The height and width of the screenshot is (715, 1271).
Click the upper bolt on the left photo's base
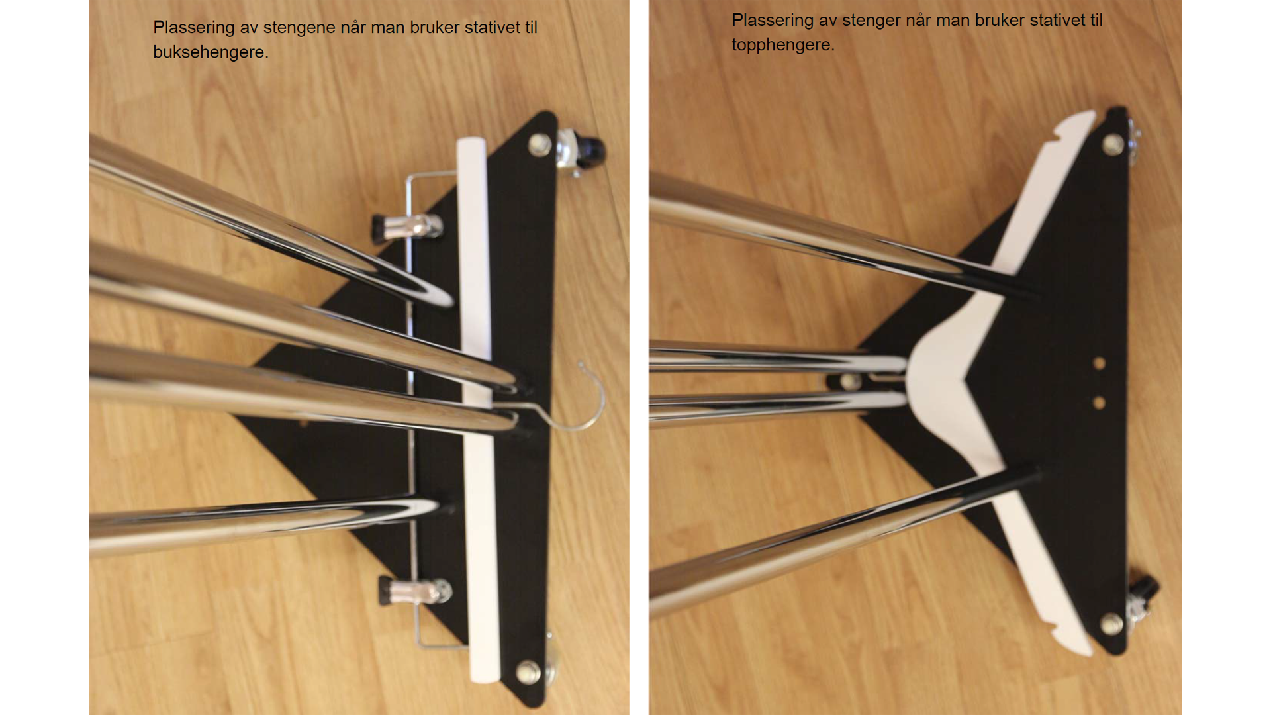click(540, 144)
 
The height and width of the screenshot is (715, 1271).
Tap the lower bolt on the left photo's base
click(528, 671)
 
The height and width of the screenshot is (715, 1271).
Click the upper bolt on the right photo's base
click(1113, 144)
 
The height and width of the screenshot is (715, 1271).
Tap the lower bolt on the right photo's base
click(1111, 624)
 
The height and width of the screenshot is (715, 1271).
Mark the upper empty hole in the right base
click(1100, 363)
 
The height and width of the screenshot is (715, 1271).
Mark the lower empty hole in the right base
click(1100, 403)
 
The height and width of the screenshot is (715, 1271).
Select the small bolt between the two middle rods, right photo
click(847, 382)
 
